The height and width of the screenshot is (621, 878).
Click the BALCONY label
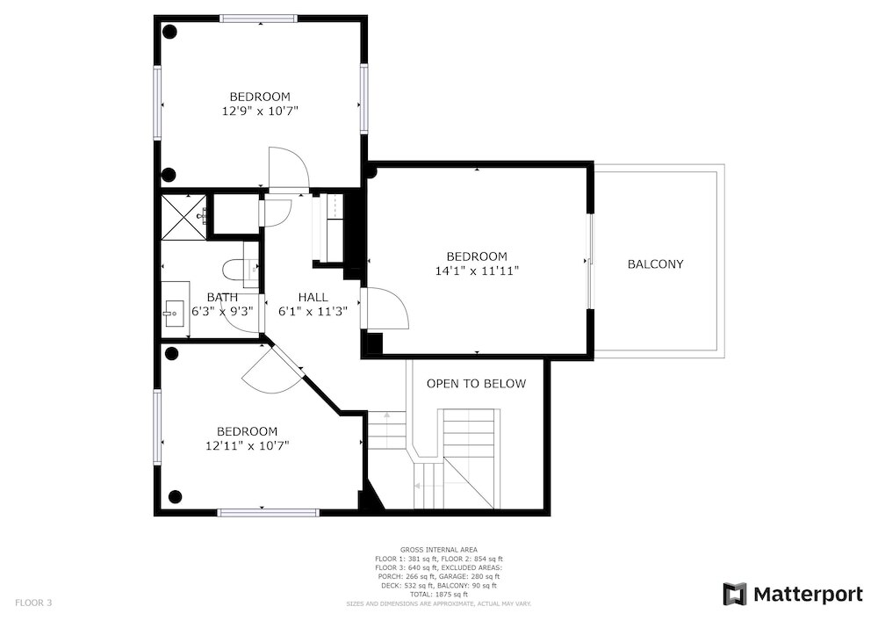(x=655, y=264)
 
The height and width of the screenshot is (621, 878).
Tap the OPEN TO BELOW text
(x=477, y=384)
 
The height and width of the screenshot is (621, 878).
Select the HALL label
(x=313, y=298)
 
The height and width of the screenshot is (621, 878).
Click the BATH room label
(x=222, y=298)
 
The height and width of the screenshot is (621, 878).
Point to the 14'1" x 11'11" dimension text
(x=477, y=271)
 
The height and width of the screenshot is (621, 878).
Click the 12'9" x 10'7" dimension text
(x=260, y=111)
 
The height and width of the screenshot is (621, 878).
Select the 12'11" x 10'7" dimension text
(x=247, y=445)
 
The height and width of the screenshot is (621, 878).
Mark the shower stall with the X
(x=184, y=218)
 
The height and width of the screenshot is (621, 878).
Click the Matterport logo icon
(x=735, y=594)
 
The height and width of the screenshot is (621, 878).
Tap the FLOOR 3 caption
(x=33, y=603)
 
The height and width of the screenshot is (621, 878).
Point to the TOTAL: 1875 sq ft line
(x=438, y=594)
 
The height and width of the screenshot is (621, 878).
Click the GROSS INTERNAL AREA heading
(x=438, y=550)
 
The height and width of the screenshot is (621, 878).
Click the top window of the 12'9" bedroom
(x=258, y=18)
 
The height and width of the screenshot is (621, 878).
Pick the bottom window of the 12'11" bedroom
(x=268, y=512)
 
